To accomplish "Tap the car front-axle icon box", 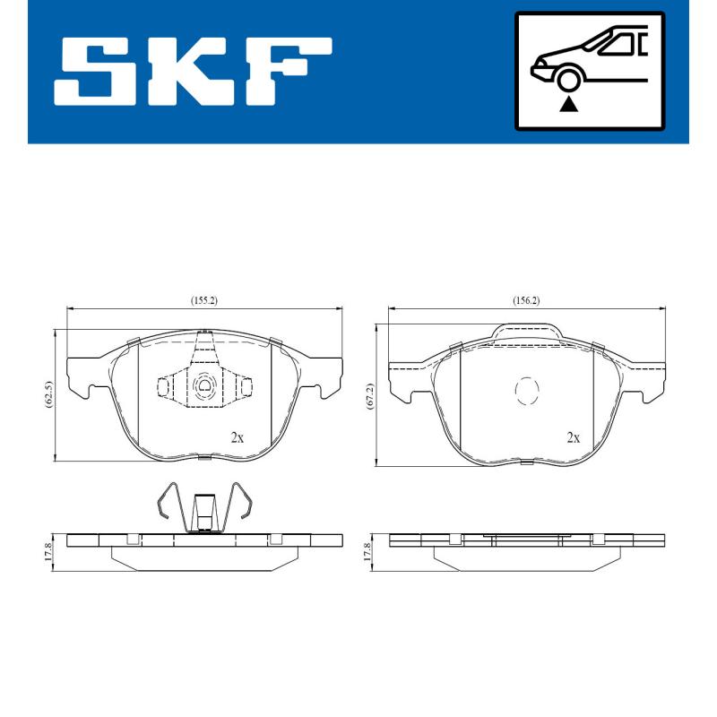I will tap(589, 71).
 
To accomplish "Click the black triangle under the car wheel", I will tap(567, 105).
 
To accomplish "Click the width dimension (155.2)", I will tap(203, 301).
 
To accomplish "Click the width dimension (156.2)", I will tap(526, 301).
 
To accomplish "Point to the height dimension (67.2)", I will tap(369, 395).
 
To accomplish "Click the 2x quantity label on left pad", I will tap(238, 437).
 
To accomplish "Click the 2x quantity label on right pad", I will tap(574, 437).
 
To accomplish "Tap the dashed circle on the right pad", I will tap(526, 390).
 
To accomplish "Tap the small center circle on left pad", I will tap(204, 387).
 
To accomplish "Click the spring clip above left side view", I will tap(204, 506).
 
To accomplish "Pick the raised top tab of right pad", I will tap(527, 333).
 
